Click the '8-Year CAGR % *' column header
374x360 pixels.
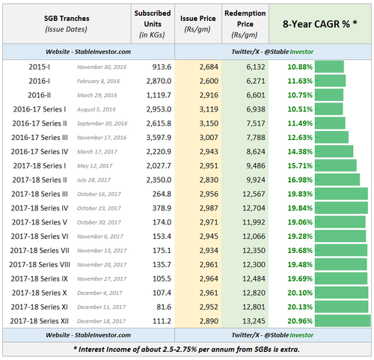320,24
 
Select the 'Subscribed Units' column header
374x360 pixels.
153,24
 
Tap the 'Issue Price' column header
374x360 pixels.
197,24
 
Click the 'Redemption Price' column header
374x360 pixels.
245,24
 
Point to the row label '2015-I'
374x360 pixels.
39,67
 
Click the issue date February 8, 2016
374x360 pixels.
98,81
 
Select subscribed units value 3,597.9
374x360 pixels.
159,138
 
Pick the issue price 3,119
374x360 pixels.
209,109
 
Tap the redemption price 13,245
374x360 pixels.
254,321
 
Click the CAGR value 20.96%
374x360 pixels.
300,321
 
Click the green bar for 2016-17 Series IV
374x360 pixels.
334,151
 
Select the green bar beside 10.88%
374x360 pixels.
329,67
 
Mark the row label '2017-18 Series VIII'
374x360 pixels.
40,264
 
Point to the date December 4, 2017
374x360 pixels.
99,293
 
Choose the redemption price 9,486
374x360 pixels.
256,165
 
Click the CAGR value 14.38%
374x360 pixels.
300,151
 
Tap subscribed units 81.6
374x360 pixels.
164,307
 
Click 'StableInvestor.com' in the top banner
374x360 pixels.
102,52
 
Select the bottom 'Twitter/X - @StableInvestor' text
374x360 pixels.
272,335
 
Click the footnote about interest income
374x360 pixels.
187,350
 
